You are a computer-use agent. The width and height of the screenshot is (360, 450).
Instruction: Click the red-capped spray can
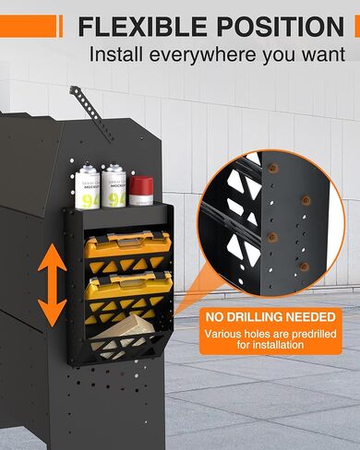point(139,191)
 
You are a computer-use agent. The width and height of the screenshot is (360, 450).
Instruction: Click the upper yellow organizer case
point(128,249)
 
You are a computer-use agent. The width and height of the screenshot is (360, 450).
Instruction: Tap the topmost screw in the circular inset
point(274,169)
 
